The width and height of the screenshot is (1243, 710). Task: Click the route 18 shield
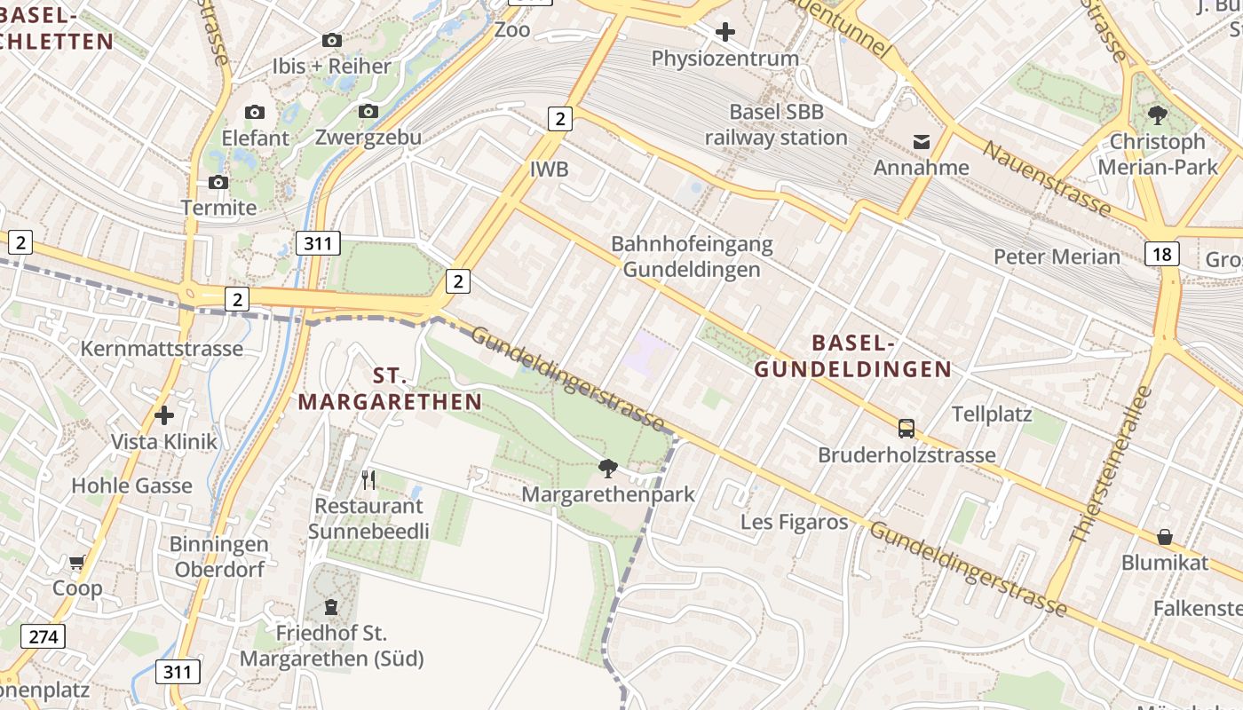click(1161, 255)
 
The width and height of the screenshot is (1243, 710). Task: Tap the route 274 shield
click(44, 636)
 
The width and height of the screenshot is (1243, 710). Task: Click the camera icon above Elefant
click(255, 113)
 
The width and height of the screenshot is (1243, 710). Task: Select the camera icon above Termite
click(218, 183)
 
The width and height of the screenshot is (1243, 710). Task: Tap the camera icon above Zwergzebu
click(368, 112)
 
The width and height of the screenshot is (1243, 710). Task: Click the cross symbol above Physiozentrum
click(724, 33)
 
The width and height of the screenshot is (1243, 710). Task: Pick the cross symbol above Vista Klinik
click(163, 415)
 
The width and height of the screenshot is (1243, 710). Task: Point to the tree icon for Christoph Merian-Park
click(1157, 115)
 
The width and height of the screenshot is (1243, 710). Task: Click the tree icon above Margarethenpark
click(607, 468)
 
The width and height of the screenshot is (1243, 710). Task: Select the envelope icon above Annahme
click(921, 142)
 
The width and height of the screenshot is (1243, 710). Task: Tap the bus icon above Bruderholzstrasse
click(906, 429)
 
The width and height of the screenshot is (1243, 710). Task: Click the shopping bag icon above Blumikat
click(1164, 537)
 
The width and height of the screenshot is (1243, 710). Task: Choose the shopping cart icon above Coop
click(77, 562)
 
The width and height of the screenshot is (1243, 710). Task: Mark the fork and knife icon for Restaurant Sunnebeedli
click(368, 480)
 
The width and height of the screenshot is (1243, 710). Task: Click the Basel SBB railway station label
click(776, 125)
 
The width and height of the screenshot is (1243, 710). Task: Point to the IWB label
click(549, 170)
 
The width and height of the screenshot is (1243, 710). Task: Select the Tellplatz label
click(991, 414)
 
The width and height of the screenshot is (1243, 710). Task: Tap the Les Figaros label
click(795, 522)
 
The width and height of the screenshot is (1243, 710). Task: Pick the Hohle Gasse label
click(131, 485)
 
